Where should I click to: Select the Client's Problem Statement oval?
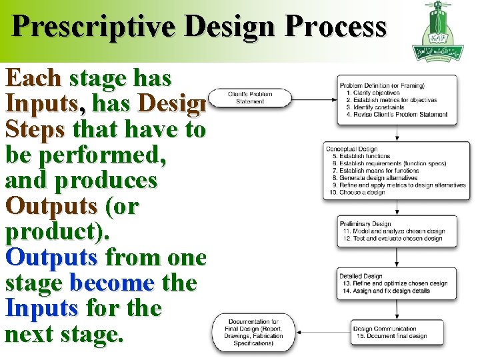point(250,98)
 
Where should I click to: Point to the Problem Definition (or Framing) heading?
point(382,85)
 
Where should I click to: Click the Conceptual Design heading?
point(351,149)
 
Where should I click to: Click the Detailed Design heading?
point(361,276)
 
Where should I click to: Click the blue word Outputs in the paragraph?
point(51,257)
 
